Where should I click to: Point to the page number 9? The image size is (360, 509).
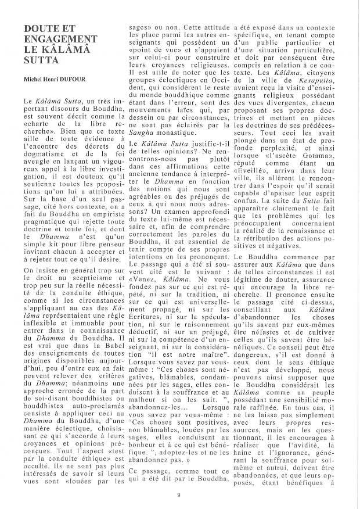[179, 494]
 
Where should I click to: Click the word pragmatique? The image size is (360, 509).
[48, 224]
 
